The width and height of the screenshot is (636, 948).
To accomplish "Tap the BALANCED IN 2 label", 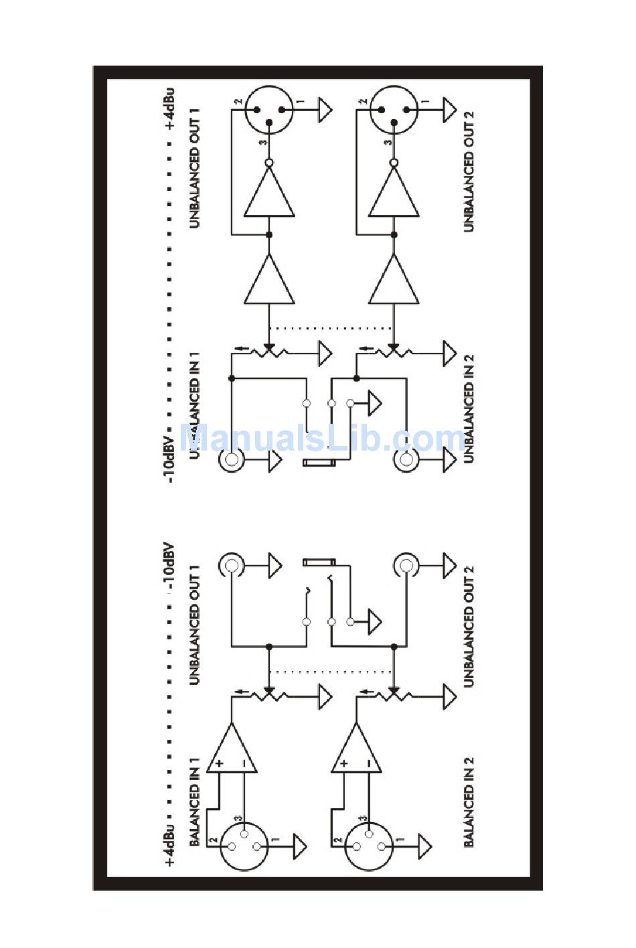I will point(469,802).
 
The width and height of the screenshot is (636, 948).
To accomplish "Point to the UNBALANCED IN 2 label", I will point(469,409).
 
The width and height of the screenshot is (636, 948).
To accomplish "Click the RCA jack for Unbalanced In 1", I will point(232,460).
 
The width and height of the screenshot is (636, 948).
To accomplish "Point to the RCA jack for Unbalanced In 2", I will point(406,460).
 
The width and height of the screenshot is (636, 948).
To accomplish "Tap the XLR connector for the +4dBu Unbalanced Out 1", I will point(269,110).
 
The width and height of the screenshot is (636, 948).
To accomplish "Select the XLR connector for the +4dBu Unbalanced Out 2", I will point(394,110).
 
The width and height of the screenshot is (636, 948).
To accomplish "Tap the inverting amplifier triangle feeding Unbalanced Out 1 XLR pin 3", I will point(269,193).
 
